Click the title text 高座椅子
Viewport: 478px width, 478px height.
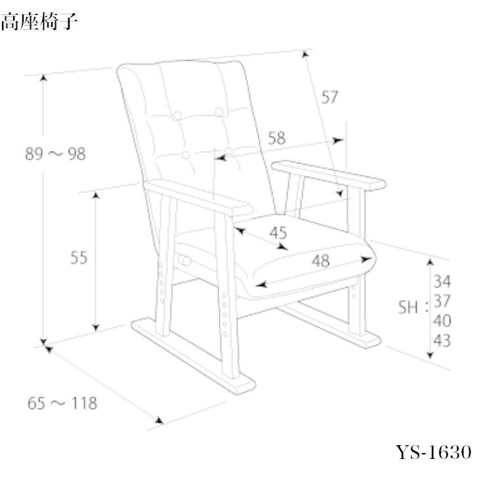40,24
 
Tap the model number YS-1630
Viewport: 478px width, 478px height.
433,452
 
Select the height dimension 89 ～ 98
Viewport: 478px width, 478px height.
55,154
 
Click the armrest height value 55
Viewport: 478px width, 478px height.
79,258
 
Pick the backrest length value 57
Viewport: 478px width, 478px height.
329,98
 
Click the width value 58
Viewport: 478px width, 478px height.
277,139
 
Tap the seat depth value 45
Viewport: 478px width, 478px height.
278,232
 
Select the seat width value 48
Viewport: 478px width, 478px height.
320,261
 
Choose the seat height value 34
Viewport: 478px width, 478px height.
442,282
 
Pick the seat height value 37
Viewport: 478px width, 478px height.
442,302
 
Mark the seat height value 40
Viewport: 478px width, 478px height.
442,321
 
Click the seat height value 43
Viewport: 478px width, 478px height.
442,341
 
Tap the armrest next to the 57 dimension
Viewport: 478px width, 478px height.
328,175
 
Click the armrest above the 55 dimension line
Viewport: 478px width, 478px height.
197,197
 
